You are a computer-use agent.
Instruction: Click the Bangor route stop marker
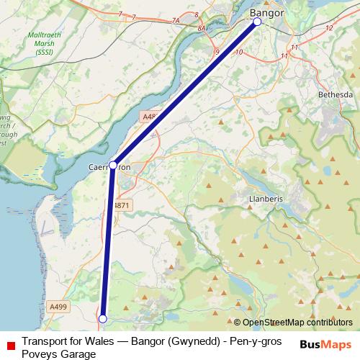(257, 22)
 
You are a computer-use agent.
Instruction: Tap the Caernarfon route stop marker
(113, 165)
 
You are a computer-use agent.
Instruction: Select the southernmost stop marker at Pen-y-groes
(102, 318)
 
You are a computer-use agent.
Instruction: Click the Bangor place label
(266, 13)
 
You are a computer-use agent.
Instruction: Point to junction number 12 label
(329, 27)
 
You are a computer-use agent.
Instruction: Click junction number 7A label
(176, 21)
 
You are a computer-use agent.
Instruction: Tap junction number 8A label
(201, 28)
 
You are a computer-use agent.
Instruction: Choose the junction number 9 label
(217, 51)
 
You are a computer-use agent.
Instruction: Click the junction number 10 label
(238, 52)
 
